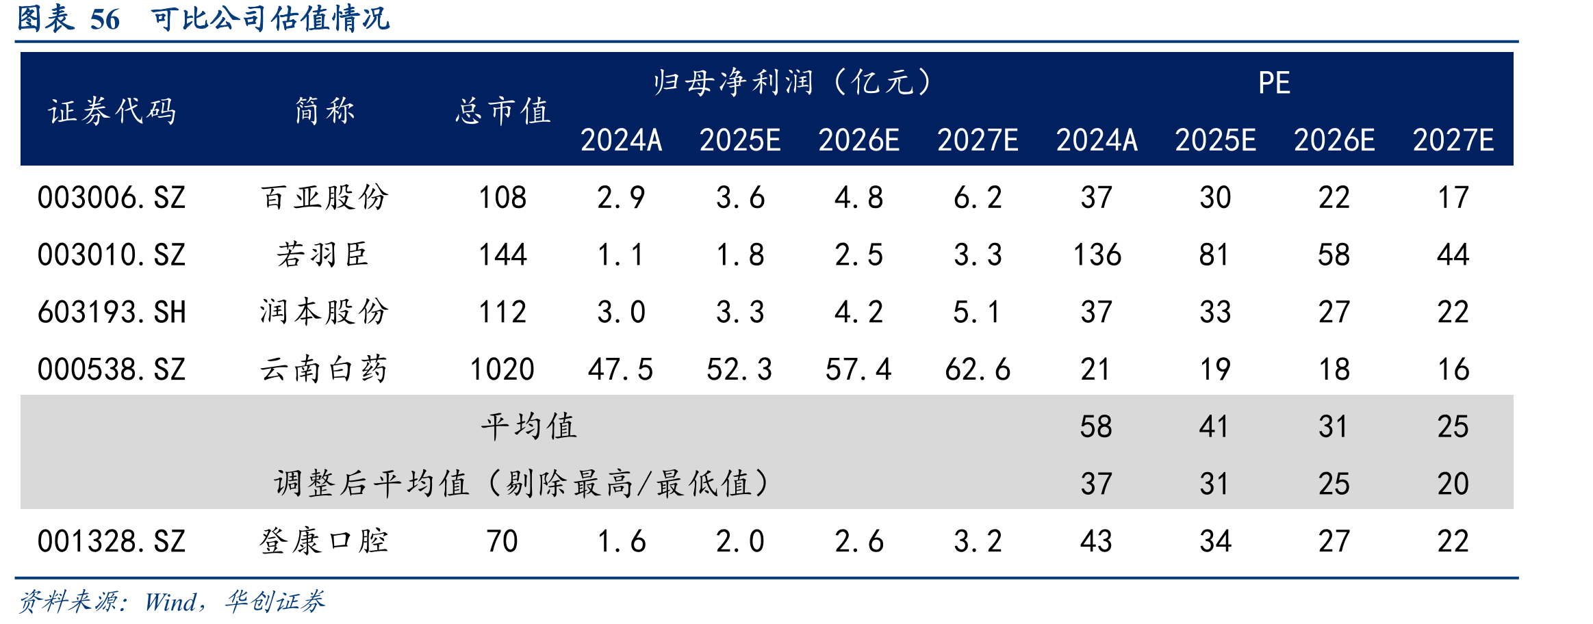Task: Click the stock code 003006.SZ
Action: point(112,198)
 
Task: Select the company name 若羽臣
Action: point(323,255)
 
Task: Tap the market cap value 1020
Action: point(502,369)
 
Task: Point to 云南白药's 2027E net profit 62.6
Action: point(978,369)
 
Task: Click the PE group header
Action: point(1274,83)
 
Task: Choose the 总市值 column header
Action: point(503,111)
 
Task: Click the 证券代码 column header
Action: point(112,111)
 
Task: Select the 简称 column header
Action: point(324,110)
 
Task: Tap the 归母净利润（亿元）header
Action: point(792,83)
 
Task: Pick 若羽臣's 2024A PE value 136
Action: point(1097,255)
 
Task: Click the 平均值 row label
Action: point(529,426)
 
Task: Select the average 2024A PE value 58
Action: point(1096,427)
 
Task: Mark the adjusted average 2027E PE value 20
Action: point(1453,484)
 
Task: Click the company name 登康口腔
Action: point(324,541)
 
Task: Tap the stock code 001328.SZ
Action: point(112,542)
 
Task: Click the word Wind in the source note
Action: point(170,602)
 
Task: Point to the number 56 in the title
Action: point(105,19)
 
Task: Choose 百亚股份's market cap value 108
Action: point(502,198)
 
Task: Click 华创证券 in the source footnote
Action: point(275,601)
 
